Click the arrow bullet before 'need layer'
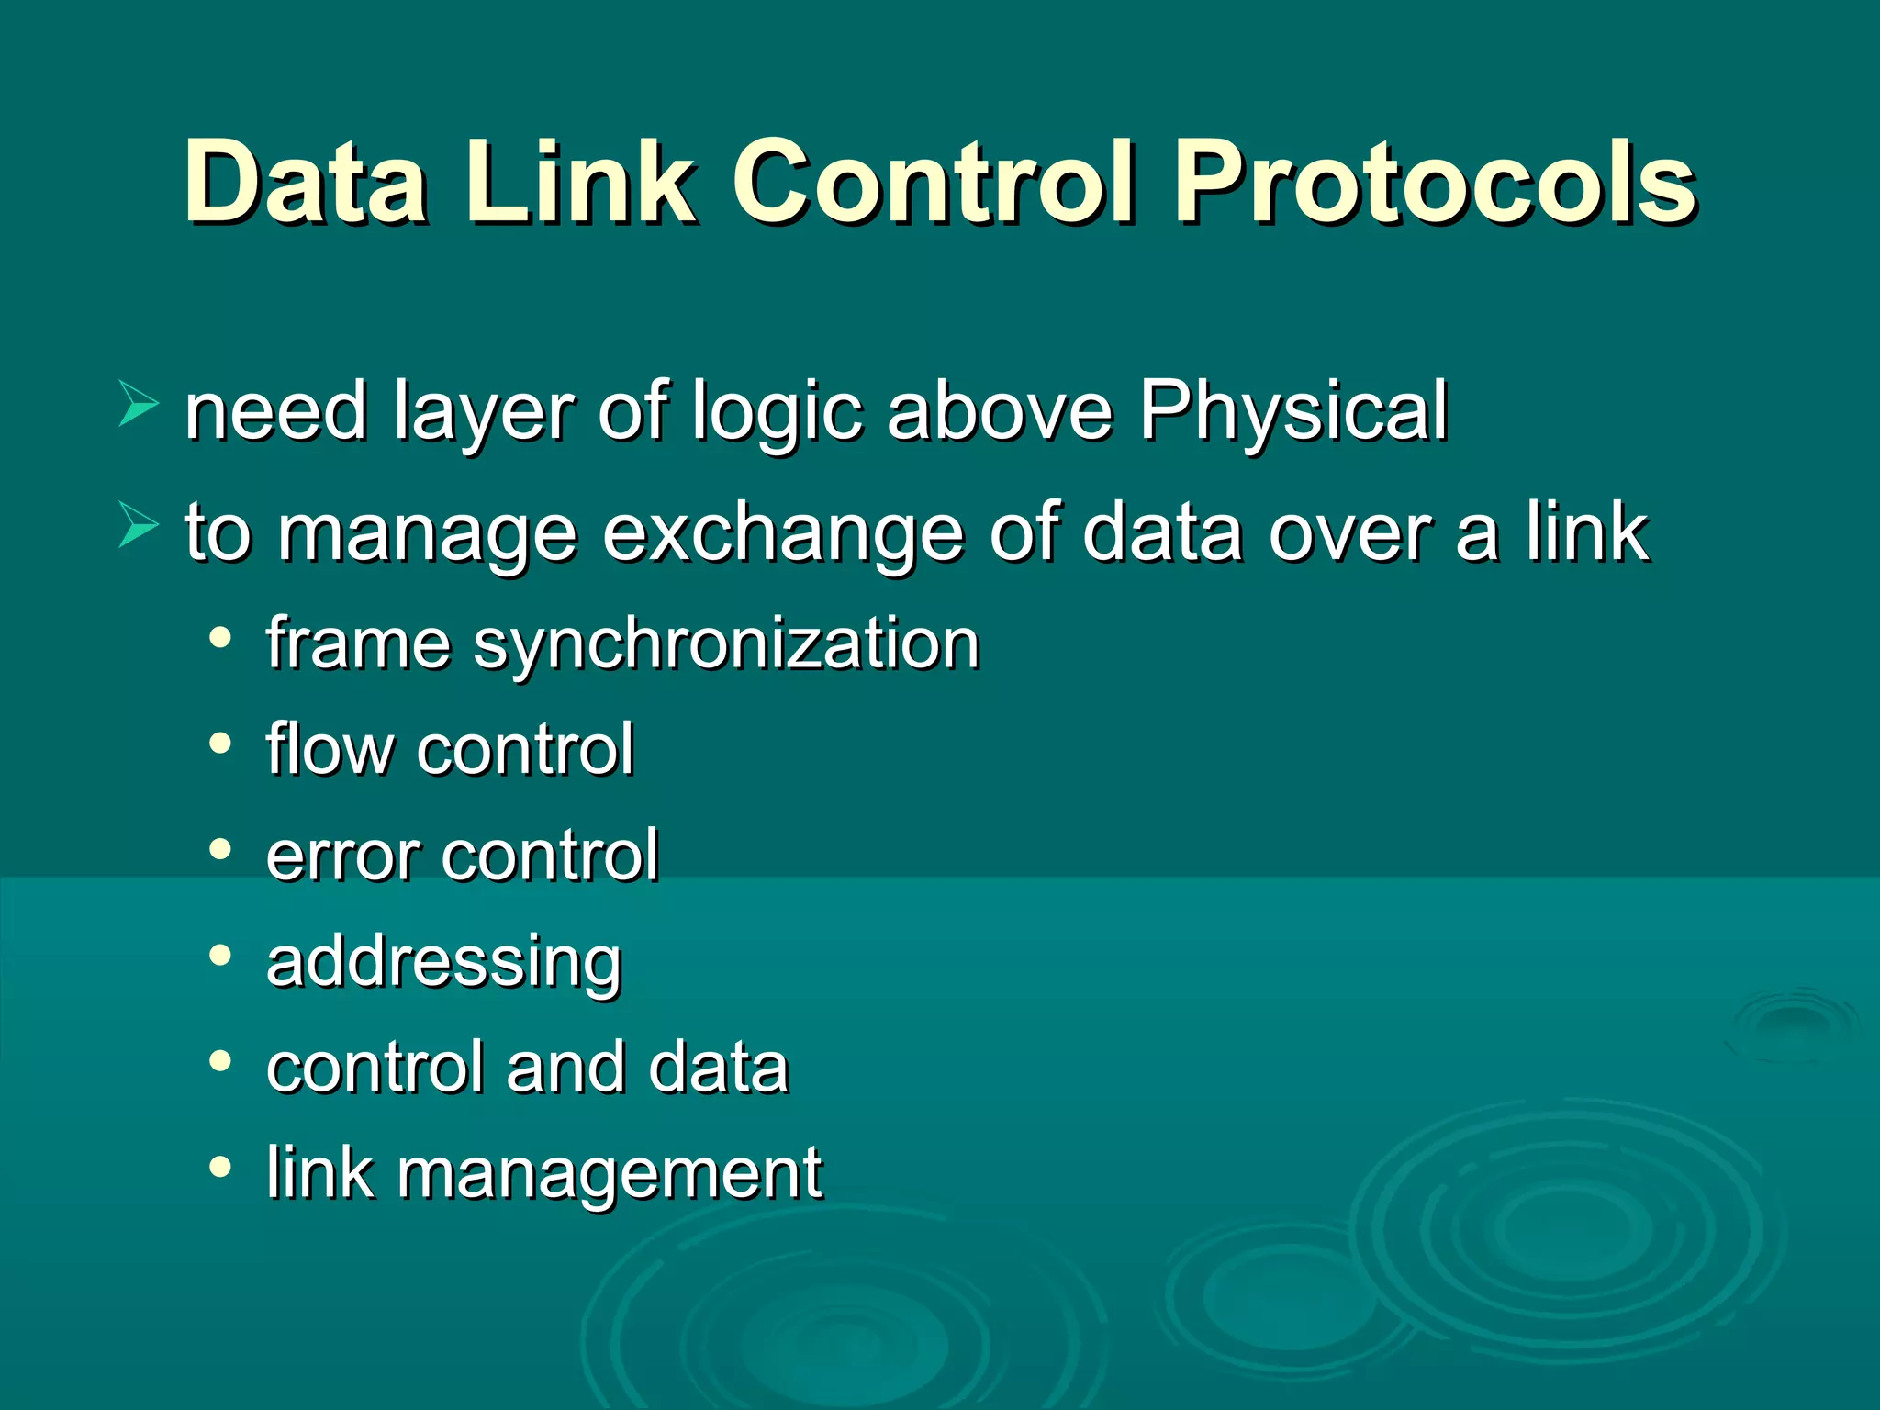tap(138, 405)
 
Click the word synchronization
tap(726, 645)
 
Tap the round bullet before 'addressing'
tap(219, 956)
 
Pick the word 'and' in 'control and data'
tap(565, 1068)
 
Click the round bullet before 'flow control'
tap(219, 743)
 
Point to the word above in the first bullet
tap(1000, 412)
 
